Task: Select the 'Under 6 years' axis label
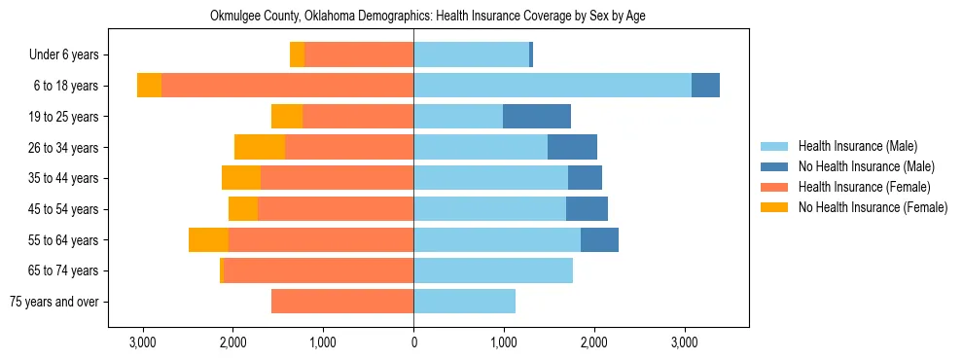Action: point(70,55)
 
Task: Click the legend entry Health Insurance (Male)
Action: point(857,146)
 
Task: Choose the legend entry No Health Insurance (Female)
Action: point(873,207)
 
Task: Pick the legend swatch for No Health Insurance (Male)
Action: point(774,166)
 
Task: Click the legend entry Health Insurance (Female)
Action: point(864,187)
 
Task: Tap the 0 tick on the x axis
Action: point(413,342)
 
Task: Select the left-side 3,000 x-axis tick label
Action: point(143,342)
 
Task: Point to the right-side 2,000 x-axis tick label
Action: point(593,342)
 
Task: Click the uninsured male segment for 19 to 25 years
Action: point(537,117)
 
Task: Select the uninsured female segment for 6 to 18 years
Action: point(149,86)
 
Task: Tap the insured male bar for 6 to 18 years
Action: point(553,86)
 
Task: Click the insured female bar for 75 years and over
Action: point(342,302)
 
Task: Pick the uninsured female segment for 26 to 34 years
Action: point(260,147)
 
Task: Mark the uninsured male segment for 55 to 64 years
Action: point(599,239)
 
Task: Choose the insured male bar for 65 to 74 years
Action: point(493,270)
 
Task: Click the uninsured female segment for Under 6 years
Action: point(297,55)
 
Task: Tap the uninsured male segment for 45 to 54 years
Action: point(587,209)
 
